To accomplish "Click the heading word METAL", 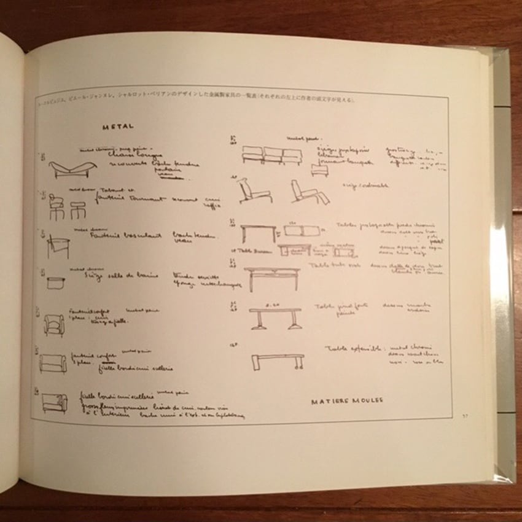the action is (116, 128).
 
